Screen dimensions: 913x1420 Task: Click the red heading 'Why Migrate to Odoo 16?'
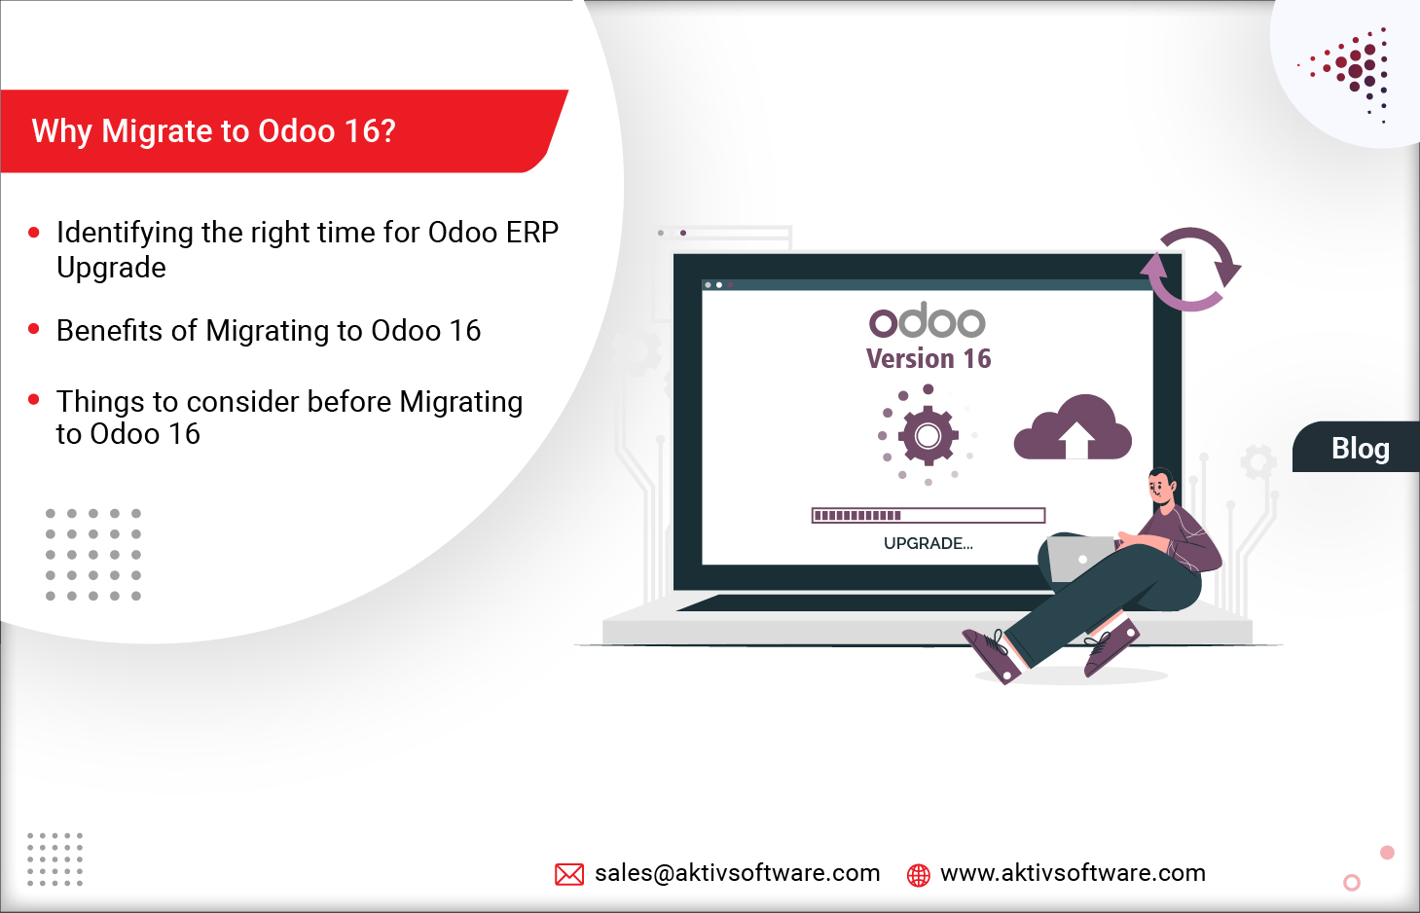(214, 130)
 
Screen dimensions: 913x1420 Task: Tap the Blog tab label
(1360, 448)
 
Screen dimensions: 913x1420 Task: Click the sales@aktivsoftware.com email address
(737, 873)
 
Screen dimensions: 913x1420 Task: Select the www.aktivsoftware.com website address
(1073, 873)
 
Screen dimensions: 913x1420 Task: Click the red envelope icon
(569, 874)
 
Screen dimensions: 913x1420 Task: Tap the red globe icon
(918, 875)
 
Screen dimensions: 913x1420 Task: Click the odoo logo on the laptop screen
(928, 320)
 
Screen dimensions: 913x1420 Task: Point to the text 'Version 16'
(928, 359)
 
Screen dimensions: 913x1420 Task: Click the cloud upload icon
(1073, 429)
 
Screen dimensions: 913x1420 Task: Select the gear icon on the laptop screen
(928, 435)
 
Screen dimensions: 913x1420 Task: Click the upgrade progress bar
(928, 515)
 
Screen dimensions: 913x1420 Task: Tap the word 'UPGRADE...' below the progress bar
(928, 543)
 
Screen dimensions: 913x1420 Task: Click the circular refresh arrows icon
(1190, 269)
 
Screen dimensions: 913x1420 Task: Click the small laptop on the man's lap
(1079, 558)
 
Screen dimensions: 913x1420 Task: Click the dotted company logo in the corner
(1353, 70)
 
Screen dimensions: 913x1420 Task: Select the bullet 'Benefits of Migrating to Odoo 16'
(269, 331)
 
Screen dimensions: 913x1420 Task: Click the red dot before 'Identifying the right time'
(34, 233)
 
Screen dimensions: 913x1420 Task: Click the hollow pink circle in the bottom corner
(1351, 883)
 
